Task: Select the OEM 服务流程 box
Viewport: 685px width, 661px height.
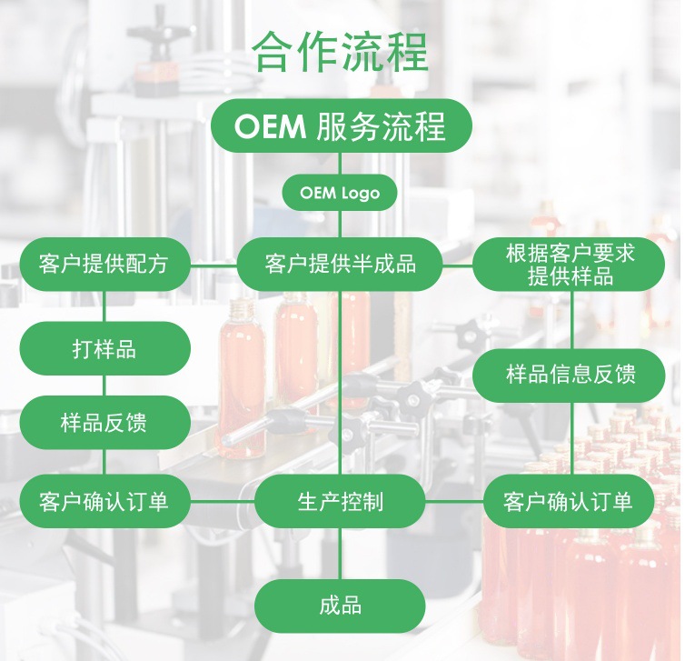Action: coord(341,126)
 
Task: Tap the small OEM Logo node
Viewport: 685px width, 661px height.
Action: coord(340,193)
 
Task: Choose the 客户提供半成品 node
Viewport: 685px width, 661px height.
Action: coord(340,265)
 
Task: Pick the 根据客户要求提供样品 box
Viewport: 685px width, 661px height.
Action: coord(570,265)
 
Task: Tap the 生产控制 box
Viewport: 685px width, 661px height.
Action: coord(340,501)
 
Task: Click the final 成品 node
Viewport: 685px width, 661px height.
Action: coord(340,606)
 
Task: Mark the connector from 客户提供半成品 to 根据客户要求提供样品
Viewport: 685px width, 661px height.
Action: coord(458,265)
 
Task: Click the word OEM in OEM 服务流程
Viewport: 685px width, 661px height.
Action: coord(270,127)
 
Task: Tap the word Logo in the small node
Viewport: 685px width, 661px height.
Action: coord(361,193)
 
